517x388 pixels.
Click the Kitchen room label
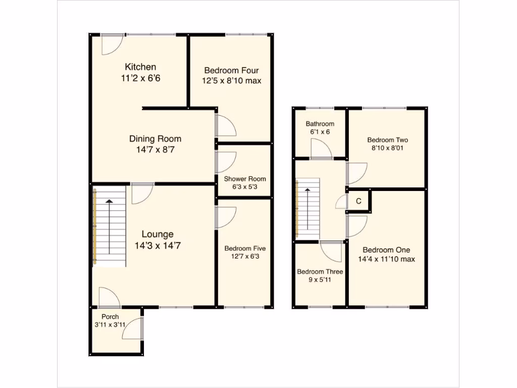click(x=140, y=67)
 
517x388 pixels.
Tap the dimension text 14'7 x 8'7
click(x=155, y=150)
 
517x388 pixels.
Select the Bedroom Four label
click(x=232, y=70)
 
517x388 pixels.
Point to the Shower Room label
click(x=245, y=179)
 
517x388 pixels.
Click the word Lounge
click(x=158, y=234)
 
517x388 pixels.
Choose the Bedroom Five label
click(x=245, y=249)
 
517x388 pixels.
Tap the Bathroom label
click(x=320, y=124)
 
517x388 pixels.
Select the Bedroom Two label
click(x=387, y=140)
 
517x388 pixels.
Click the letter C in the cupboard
click(x=358, y=201)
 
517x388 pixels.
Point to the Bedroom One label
click(x=386, y=250)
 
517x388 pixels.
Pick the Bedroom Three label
click(x=320, y=272)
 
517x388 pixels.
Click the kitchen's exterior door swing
click(x=111, y=44)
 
